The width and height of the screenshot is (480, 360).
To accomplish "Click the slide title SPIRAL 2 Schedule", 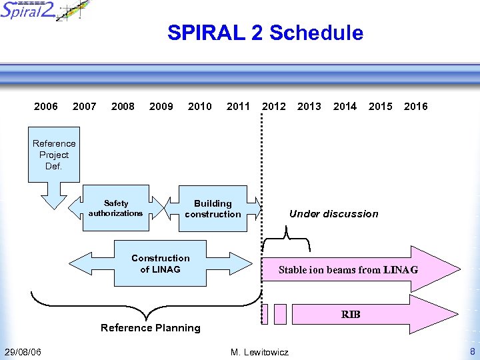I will (265, 33).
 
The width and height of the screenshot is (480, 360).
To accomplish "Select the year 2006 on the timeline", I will (46, 106).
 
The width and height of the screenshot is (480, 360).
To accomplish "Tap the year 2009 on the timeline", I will (161, 106).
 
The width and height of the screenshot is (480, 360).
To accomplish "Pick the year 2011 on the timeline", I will (238, 106).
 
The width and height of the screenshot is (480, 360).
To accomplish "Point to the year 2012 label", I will (274, 106).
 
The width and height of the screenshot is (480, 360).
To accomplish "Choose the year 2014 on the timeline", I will (345, 106).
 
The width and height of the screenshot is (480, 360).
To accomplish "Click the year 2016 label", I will (416, 106).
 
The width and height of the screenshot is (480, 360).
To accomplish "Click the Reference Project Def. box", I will (54, 155).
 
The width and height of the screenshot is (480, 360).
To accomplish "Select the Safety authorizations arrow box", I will (115, 208).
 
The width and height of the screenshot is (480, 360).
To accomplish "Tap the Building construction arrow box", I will (213, 209).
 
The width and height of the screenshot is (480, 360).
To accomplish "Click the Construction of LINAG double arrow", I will (160, 263).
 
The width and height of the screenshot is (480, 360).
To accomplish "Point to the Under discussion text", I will (333, 214).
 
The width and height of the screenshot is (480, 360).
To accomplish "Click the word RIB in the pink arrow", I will (351, 314).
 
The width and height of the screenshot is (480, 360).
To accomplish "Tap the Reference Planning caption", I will (150, 328).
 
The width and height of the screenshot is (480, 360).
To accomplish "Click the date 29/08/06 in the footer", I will (22, 352).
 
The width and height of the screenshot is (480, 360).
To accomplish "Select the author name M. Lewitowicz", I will (259, 352).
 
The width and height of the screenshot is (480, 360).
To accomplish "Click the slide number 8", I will (472, 351).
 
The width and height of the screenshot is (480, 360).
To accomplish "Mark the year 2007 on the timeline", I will (84, 106).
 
